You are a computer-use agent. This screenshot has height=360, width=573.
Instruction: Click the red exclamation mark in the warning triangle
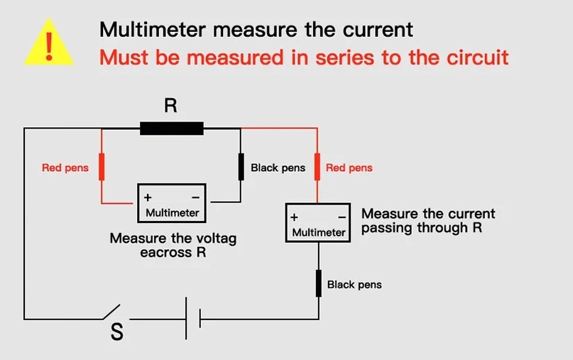pos(48,44)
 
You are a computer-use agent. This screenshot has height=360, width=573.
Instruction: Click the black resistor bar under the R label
pos(172,129)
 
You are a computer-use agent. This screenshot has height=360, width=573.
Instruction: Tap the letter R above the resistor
pos(170,106)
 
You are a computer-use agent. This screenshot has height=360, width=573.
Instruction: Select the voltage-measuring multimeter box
pos(173,203)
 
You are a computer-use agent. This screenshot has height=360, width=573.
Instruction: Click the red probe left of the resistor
pos(102,168)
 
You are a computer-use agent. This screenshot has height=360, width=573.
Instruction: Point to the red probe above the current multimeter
pos(318,168)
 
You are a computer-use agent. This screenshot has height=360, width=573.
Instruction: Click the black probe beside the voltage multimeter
pos(241,168)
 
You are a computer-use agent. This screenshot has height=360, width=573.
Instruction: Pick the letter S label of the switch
pos(117,332)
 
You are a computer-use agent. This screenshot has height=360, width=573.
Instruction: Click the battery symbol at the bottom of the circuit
pos(194,318)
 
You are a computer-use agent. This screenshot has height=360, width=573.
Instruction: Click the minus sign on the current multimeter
pos(342,217)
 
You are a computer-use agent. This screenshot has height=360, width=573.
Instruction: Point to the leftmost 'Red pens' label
pos(65,168)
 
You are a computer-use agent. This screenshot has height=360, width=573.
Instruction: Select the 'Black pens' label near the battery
pos(354,285)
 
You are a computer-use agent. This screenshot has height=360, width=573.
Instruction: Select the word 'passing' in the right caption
pos(383,228)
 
